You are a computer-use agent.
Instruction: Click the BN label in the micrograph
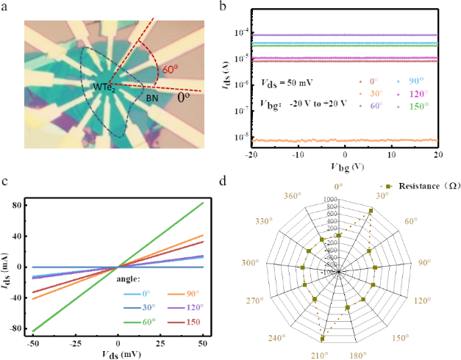151,97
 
